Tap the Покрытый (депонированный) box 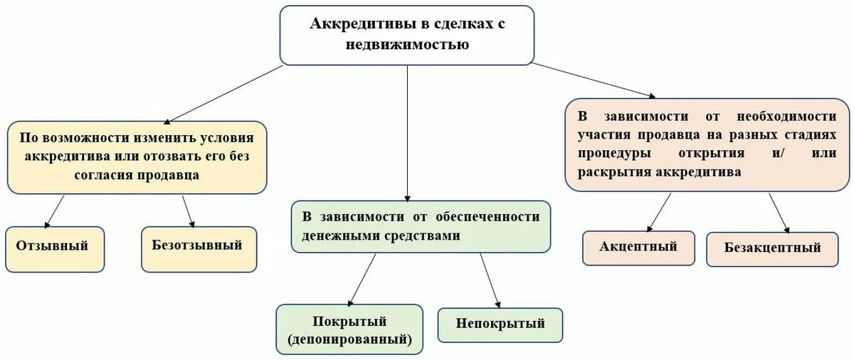(x=349, y=329)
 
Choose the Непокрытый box (x=500, y=324)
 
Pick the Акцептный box (x=638, y=248)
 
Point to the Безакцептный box (x=772, y=249)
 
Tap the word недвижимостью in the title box (x=407, y=44)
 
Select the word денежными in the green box (x=341, y=235)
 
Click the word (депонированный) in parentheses (x=349, y=339)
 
